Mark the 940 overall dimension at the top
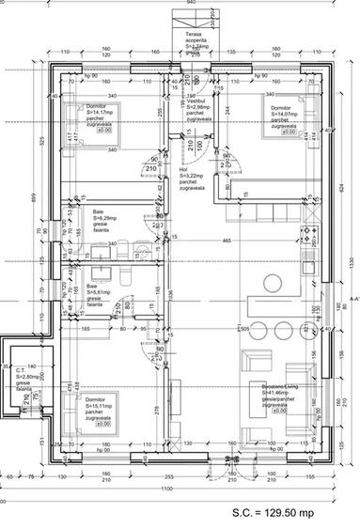[x=191, y=3]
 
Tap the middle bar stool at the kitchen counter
[x=282, y=330]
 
